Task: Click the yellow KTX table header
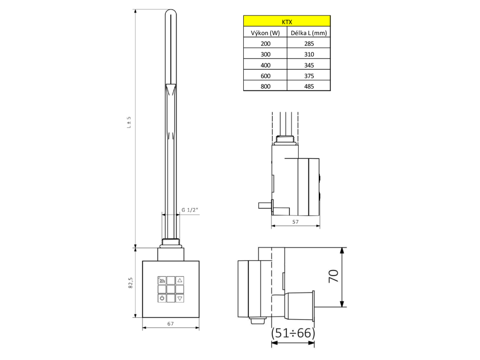click(287, 21)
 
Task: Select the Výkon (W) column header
click(265, 33)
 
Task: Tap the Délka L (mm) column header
click(308, 33)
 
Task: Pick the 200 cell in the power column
click(265, 44)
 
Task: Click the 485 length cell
click(309, 86)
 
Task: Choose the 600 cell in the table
click(265, 75)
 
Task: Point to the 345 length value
click(309, 65)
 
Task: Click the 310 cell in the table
click(309, 54)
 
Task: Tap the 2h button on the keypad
click(162, 280)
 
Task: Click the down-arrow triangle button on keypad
click(180, 298)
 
